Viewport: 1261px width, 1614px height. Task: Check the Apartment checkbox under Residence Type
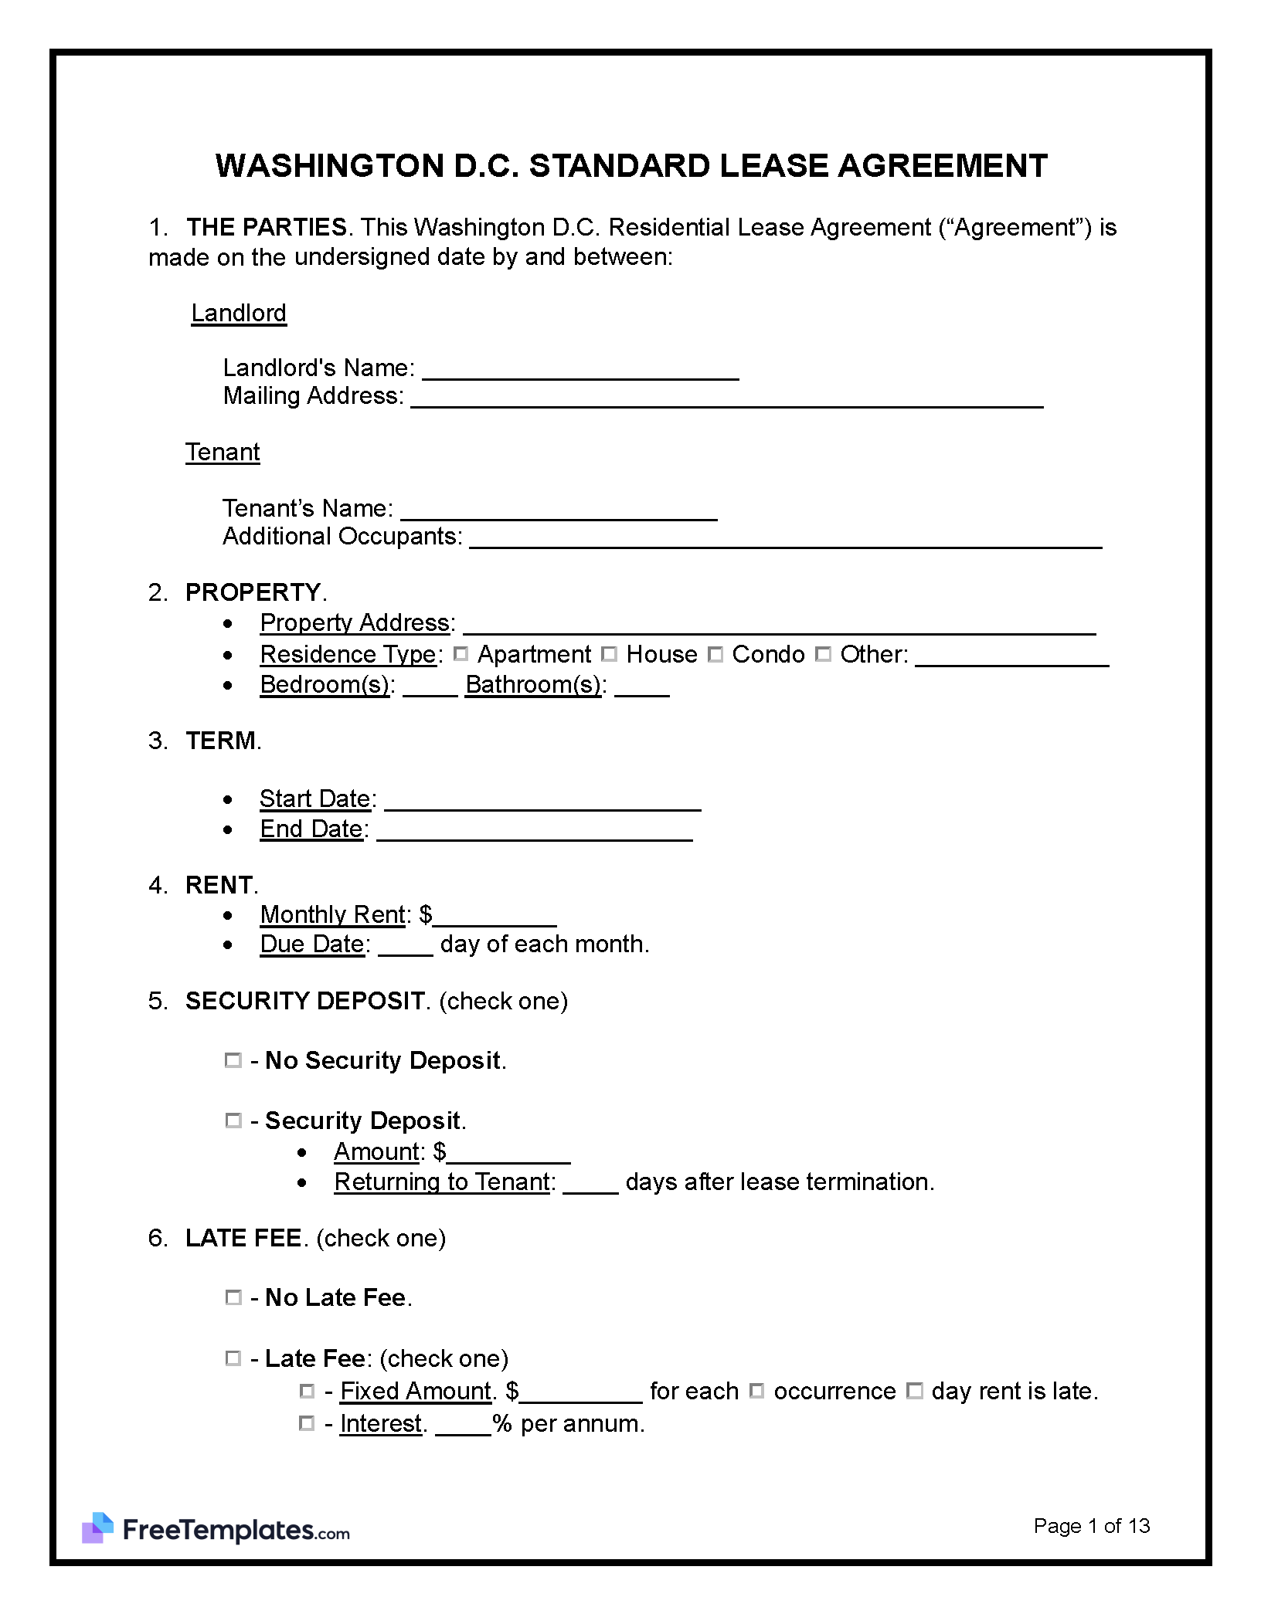(x=461, y=654)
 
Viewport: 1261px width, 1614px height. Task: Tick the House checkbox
(x=609, y=654)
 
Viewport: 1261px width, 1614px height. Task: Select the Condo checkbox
(x=715, y=654)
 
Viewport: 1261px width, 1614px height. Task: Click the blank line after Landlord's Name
(x=580, y=371)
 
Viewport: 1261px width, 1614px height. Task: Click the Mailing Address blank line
(x=726, y=398)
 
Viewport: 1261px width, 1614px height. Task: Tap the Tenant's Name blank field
(x=559, y=511)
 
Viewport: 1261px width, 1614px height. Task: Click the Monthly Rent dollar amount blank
(x=495, y=917)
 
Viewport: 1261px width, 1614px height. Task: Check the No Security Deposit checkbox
(x=233, y=1060)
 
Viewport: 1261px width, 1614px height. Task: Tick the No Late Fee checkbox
(x=233, y=1297)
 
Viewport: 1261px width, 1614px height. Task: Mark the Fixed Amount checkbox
(x=307, y=1391)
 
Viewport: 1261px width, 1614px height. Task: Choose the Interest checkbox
(x=307, y=1422)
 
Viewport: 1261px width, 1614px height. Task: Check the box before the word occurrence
(x=757, y=1391)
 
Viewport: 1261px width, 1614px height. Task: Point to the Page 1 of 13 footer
(x=1091, y=1525)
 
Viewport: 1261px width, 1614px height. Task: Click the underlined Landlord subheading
(x=239, y=314)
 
